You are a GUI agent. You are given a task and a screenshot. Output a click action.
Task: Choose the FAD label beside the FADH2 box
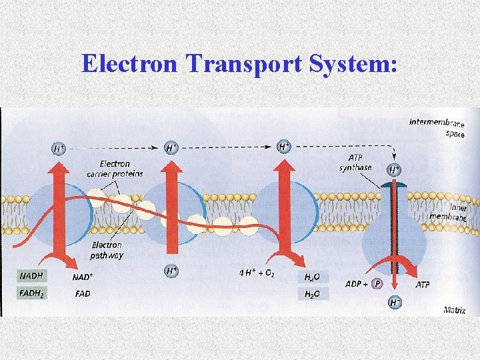click(x=83, y=293)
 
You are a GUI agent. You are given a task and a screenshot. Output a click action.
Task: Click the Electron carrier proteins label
click(x=115, y=169)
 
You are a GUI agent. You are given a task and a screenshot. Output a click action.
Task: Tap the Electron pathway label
click(x=107, y=249)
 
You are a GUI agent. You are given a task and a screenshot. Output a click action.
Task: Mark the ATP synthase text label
click(x=355, y=162)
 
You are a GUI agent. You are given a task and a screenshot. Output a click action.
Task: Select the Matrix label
click(x=455, y=311)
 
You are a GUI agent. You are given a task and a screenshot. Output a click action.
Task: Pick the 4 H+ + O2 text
click(x=260, y=273)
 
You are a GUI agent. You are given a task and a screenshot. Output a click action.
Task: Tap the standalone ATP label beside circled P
click(x=423, y=285)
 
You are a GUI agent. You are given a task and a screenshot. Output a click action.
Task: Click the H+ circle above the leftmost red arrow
click(x=59, y=147)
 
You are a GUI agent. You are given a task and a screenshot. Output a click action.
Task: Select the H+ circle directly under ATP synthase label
click(x=395, y=170)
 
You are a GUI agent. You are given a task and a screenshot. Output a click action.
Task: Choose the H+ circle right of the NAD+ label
click(x=171, y=271)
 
